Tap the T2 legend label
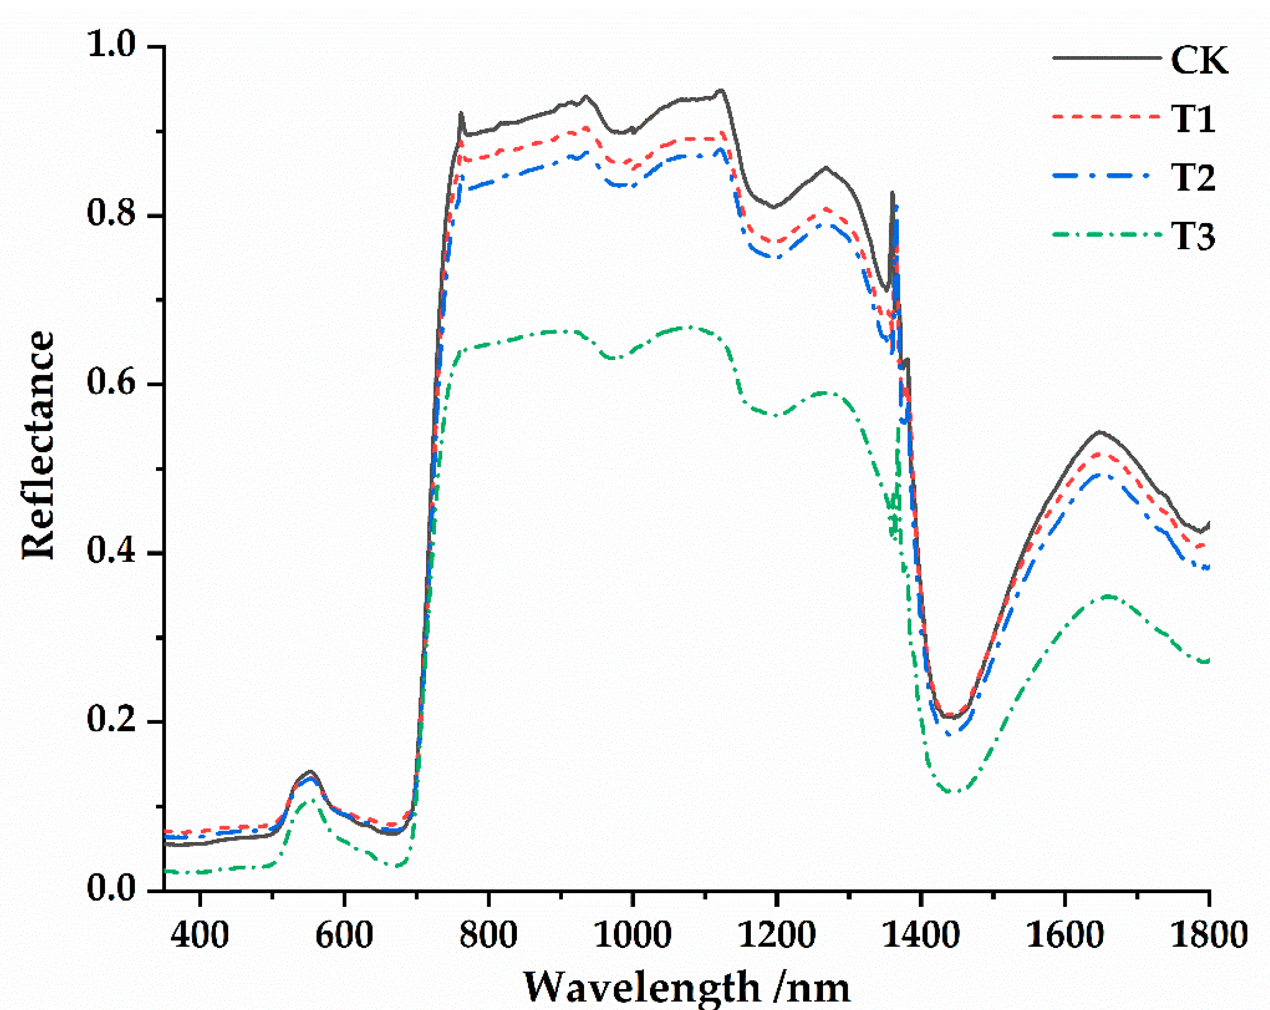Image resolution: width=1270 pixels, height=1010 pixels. [1193, 178]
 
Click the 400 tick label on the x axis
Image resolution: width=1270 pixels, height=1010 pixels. [200, 936]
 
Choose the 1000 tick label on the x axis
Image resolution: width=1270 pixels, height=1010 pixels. [633, 936]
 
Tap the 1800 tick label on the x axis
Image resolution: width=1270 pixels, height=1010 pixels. [1209, 936]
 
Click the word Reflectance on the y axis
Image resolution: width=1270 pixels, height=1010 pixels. [39, 445]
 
